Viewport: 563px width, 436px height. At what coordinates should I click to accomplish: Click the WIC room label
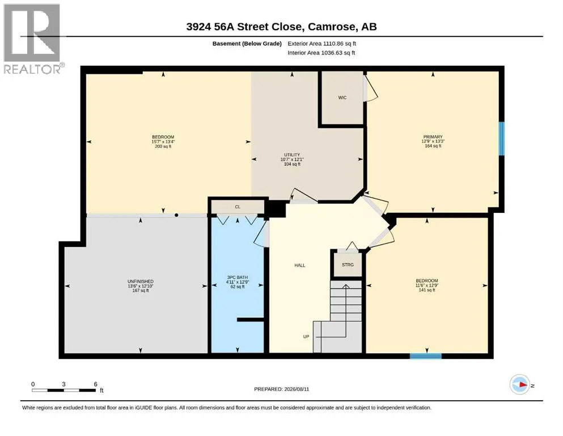342,98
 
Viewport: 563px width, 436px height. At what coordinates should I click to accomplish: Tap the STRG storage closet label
348,265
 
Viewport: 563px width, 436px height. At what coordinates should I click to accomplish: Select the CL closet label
238,207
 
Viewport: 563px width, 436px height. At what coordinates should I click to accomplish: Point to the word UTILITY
292,155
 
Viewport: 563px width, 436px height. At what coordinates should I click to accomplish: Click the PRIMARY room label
433,137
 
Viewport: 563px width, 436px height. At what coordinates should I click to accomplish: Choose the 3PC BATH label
238,278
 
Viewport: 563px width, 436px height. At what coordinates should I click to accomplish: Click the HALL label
300,266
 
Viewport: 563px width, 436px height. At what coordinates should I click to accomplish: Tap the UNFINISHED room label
141,282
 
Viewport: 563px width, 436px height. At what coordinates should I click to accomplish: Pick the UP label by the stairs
306,337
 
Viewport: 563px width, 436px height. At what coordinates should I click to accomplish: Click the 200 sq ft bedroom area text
163,146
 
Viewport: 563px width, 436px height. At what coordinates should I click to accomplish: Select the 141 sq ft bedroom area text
427,290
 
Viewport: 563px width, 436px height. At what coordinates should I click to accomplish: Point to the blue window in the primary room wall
502,139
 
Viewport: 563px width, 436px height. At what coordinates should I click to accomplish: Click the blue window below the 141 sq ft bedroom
426,356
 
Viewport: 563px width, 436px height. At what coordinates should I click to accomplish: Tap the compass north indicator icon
520,384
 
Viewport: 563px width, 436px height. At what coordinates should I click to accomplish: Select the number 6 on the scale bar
95,384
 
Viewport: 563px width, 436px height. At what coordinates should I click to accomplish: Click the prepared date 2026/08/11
297,389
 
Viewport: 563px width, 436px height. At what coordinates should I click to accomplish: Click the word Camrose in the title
332,27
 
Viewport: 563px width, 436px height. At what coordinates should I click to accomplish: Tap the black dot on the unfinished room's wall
176,215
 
